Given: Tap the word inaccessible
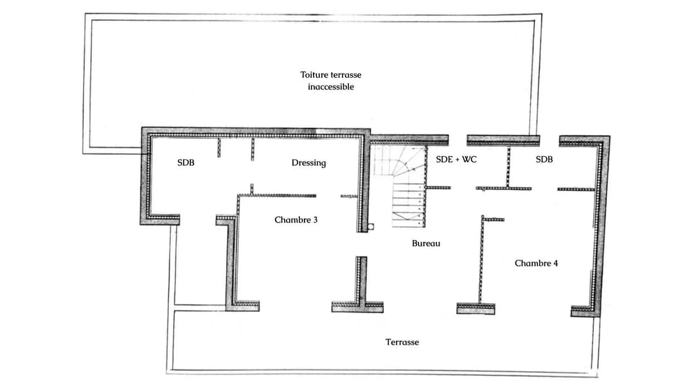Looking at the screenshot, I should click(x=330, y=87).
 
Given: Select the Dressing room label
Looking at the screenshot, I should click(x=308, y=163).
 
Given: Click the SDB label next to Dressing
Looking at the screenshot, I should click(x=186, y=163).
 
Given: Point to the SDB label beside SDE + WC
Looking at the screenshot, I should click(x=544, y=159).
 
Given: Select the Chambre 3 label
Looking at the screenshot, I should click(x=296, y=220).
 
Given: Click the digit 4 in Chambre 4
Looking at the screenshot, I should click(x=555, y=263).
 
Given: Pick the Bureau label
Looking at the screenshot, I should click(x=426, y=244).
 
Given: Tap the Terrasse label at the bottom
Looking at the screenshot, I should click(x=402, y=342).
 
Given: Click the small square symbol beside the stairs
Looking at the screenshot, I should click(x=371, y=226).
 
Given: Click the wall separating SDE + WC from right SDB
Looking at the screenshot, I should click(x=508, y=166).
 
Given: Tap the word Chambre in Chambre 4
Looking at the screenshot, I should click(x=532, y=263).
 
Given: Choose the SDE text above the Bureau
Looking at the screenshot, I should click(x=444, y=159).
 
